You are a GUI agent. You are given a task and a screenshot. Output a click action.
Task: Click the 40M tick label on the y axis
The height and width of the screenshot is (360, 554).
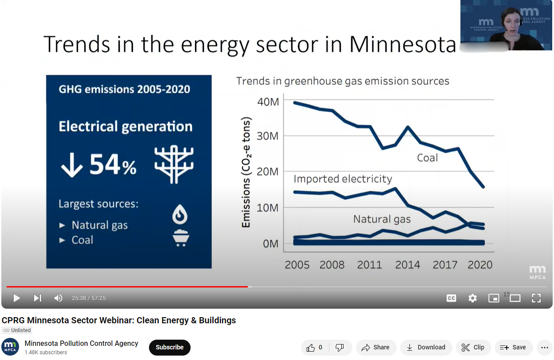click(x=268, y=102)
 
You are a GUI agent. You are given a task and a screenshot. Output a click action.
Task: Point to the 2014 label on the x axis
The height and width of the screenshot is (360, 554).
click(x=407, y=264)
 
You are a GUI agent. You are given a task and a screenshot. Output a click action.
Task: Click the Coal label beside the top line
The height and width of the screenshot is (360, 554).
click(x=427, y=158)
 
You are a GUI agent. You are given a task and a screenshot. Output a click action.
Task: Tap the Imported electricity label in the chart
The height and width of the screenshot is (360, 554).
click(x=343, y=179)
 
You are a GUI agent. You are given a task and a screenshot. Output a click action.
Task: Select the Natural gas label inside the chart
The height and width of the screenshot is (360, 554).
click(x=382, y=219)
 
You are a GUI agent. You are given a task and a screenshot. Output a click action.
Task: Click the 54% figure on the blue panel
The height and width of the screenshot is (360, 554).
click(x=113, y=165)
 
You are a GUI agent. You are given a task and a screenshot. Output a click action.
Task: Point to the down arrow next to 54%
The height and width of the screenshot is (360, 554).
click(x=72, y=165)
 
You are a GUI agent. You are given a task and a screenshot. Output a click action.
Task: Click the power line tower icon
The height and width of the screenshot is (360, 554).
click(x=174, y=164)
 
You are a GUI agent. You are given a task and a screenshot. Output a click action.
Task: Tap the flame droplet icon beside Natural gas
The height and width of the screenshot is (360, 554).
click(x=180, y=215)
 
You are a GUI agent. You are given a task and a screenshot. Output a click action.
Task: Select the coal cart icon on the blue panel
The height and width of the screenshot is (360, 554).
click(x=180, y=238)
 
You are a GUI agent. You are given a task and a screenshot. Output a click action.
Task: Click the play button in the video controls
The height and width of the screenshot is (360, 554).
click(x=17, y=298)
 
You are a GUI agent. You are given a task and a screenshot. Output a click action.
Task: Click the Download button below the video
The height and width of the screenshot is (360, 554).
click(x=426, y=348)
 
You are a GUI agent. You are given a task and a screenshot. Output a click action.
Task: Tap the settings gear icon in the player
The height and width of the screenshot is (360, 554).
click(x=473, y=298)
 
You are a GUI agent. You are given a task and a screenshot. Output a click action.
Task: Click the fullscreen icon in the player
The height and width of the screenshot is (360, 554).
click(x=536, y=298)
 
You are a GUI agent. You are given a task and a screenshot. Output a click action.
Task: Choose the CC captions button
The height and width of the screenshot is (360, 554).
click(x=451, y=298)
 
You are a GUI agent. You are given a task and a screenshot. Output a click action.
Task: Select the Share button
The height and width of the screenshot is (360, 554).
click(x=375, y=348)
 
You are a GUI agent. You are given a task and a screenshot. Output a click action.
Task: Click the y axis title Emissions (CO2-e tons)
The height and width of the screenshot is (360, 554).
click(x=246, y=172)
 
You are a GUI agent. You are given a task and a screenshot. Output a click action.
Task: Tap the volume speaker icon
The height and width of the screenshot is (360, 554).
click(x=58, y=298)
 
